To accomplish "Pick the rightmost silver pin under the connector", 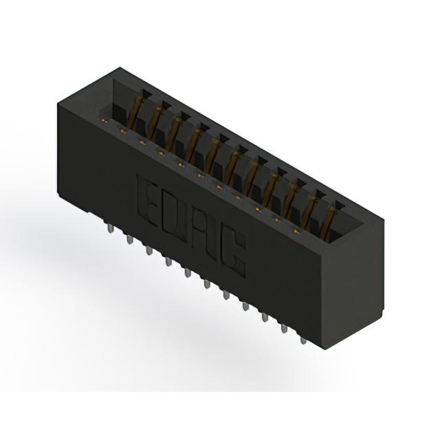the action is [x=302, y=340].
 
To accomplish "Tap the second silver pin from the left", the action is [x=129, y=239].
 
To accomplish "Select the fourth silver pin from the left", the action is [x=168, y=261].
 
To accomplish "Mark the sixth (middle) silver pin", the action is [x=207, y=284].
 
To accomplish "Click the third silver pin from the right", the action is [x=265, y=318].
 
